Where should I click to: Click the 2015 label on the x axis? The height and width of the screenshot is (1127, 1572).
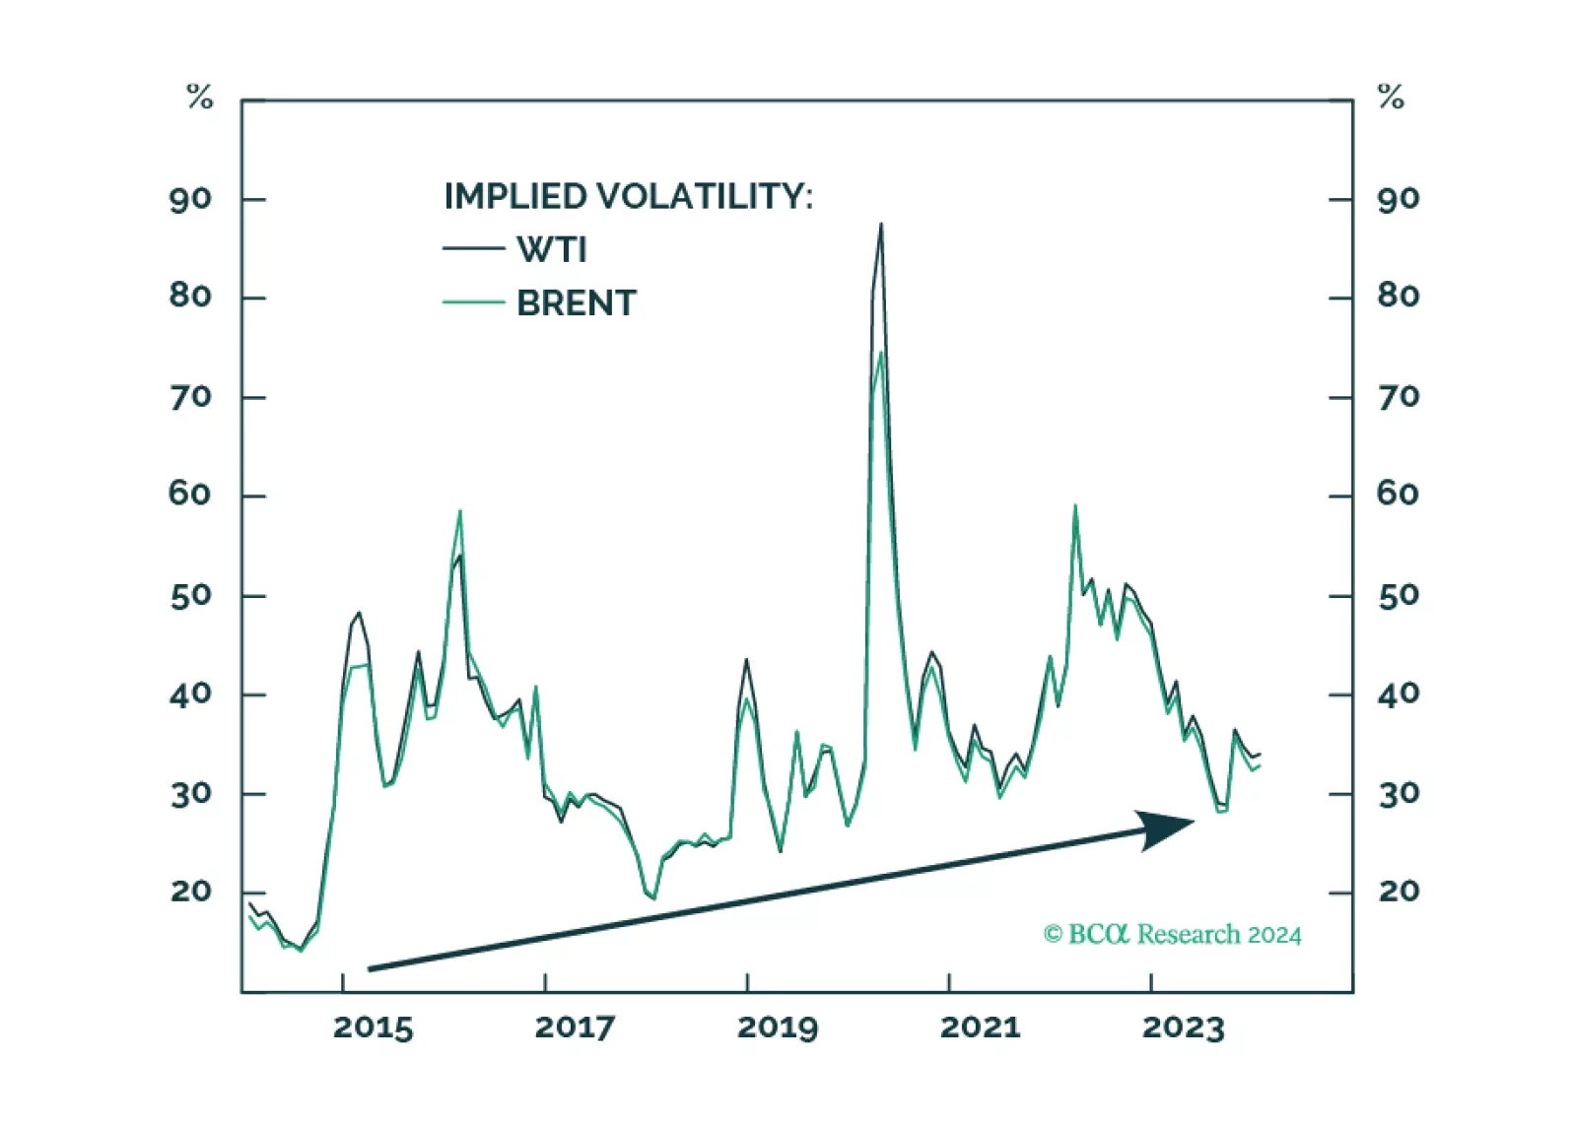click(373, 1028)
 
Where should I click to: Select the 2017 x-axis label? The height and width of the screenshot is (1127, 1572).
click(575, 1028)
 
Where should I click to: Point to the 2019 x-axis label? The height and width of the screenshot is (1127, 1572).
click(778, 1028)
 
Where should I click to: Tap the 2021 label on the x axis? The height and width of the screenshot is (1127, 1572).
click(980, 1028)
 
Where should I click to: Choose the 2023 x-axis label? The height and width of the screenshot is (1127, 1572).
click(1183, 1028)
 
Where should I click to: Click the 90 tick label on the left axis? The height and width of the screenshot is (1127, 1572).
click(190, 200)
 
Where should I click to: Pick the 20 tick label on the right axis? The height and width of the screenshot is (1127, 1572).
click(1399, 892)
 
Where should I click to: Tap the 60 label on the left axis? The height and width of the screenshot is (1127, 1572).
click(190, 494)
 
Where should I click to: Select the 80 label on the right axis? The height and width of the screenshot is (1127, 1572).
click(1399, 296)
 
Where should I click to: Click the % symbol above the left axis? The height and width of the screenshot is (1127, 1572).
click(200, 97)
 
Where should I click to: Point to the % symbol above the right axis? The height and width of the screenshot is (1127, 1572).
click(1391, 97)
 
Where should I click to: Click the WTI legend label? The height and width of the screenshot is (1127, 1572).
click(552, 250)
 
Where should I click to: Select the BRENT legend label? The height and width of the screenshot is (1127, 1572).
click(577, 303)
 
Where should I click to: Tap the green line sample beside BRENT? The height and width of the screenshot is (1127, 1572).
click(473, 302)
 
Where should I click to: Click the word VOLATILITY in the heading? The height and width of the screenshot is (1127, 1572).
click(705, 196)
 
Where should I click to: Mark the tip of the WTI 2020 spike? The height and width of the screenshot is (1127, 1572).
click(881, 225)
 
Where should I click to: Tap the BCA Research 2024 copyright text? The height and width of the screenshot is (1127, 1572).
click(1172, 934)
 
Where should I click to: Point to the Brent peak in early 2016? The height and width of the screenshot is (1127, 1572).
click(460, 511)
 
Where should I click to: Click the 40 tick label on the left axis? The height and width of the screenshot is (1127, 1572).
click(190, 695)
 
